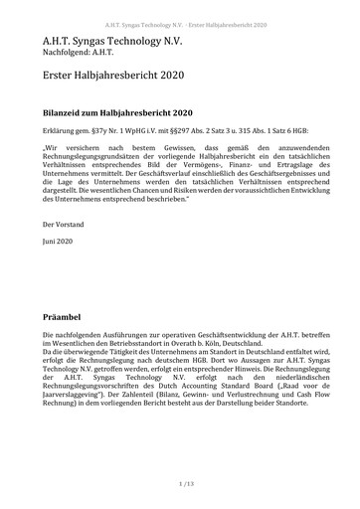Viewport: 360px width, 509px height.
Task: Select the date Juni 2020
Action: [60, 244]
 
